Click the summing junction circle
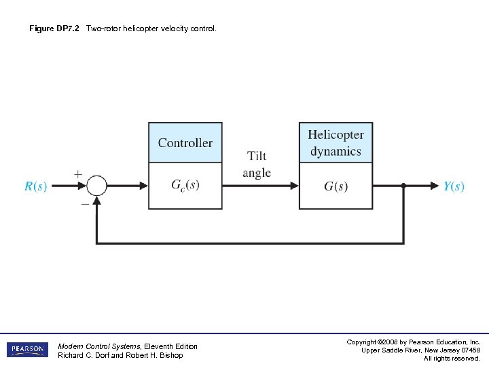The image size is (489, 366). click(98, 185)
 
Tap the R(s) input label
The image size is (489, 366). click(36, 186)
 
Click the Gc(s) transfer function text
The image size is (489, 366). click(185, 185)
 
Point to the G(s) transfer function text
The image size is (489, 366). click(336, 186)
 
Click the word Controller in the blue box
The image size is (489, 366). click(185, 143)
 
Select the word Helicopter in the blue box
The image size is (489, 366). click(336, 135)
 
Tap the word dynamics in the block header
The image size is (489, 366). click(336, 151)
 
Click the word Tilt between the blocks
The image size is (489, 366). click(257, 157)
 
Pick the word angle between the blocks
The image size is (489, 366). click(257, 174)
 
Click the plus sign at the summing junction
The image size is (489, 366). click(78, 174)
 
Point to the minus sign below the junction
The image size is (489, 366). click(85, 203)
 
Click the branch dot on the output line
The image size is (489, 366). click(403, 185)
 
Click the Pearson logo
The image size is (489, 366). click(27, 350)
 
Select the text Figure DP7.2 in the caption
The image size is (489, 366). click(54, 29)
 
